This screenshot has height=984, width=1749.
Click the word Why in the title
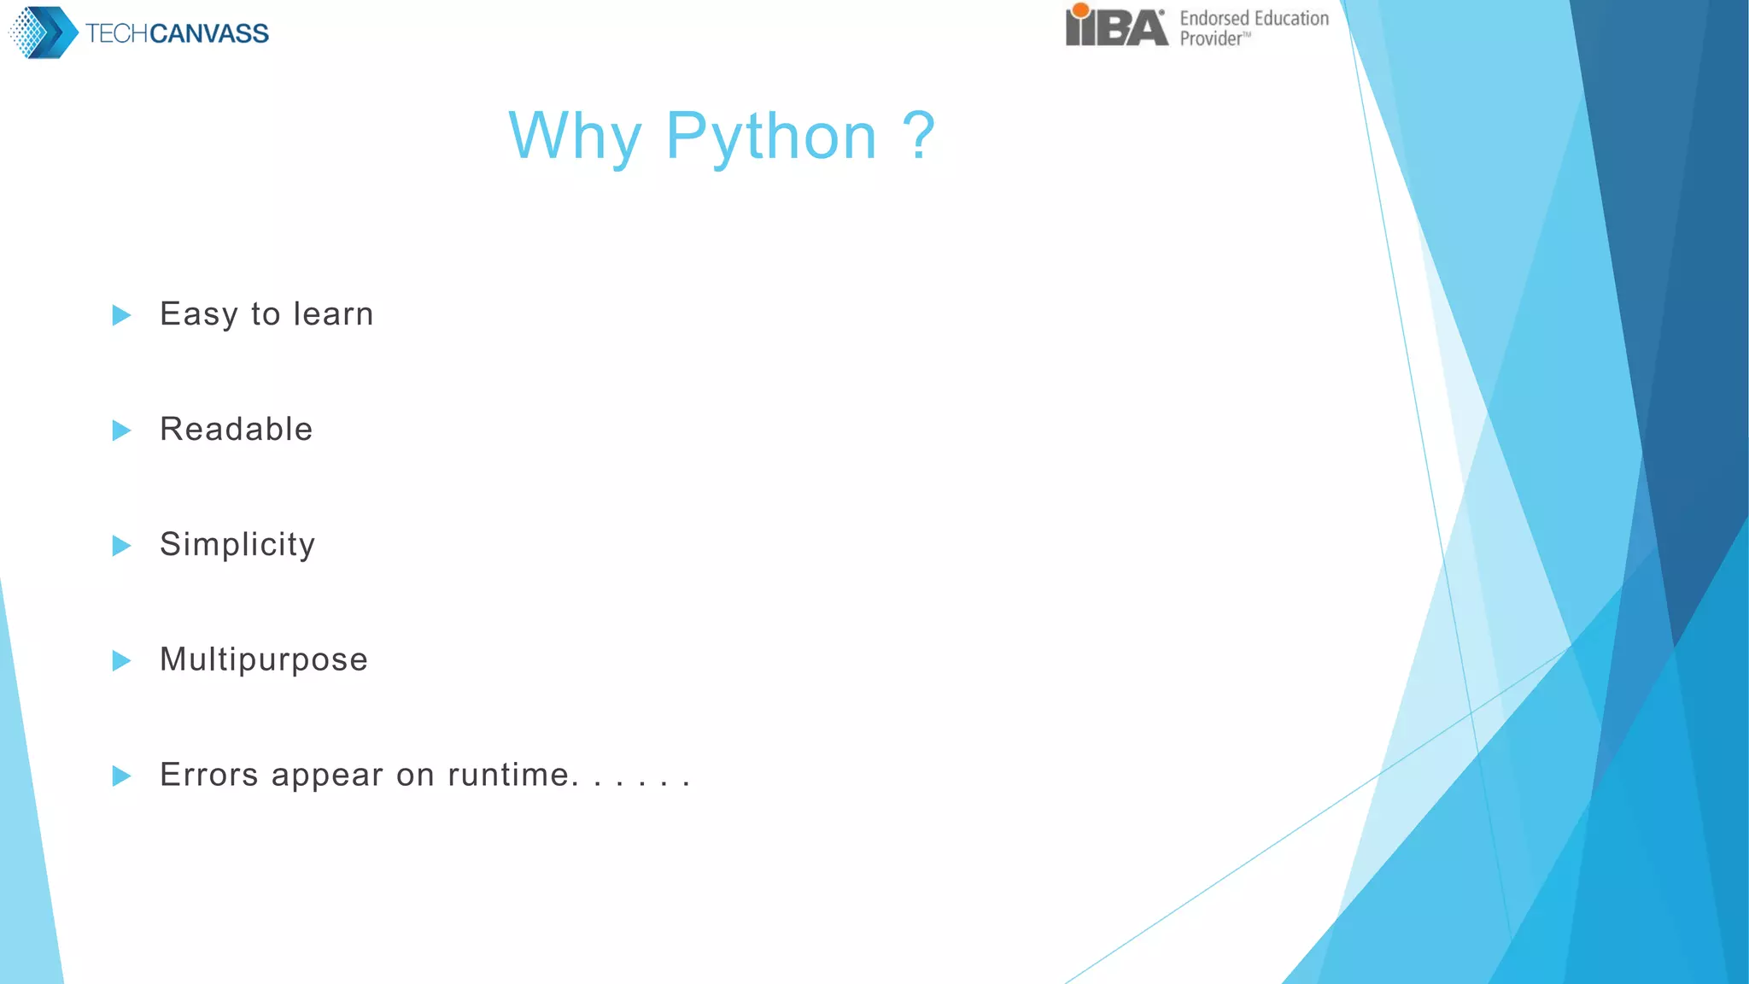[x=574, y=137]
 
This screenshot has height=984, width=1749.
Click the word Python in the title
[x=771, y=137]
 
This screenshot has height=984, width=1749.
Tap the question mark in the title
[x=919, y=135]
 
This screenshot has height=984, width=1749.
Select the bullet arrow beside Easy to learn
[x=121, y=315]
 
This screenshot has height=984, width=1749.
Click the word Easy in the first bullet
[x=198, y=314]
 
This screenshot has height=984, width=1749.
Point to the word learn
[x=333, y=313]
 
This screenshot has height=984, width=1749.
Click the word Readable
[x=237, y=429]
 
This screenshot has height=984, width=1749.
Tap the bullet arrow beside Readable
[x=121, y=430]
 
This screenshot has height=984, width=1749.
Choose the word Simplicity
[x=237, y=544]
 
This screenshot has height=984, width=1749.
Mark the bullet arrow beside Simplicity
[x=121, y=546]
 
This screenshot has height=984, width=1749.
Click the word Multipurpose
[x=264, y=659]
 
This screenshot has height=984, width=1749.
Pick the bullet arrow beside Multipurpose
[x=121, y=660]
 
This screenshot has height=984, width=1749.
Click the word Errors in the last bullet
[x=209, y=775]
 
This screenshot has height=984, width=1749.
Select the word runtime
[x=509, y=775]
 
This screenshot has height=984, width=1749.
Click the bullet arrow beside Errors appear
[x=121, y=776]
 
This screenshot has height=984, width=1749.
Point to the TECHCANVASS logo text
[x=177, y=33]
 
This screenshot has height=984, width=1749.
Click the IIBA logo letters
[x=1116, y=26]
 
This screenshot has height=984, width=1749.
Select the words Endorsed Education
[x=1254, y=18]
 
